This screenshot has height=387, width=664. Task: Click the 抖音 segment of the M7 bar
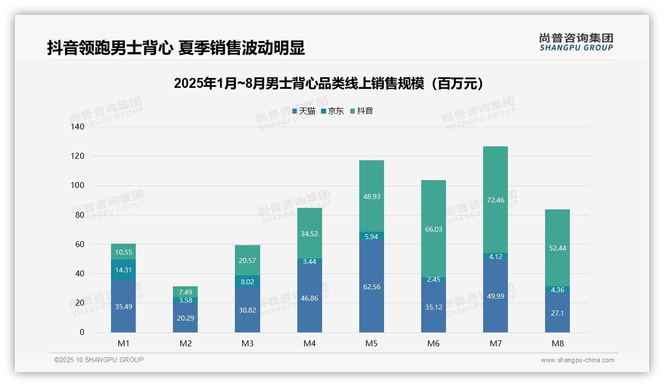coord(495,199)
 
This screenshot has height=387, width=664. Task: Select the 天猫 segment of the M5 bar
coord(371,286)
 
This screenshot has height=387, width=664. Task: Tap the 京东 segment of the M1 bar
coord(123,270)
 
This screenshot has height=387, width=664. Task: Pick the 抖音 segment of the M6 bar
coord(434,229)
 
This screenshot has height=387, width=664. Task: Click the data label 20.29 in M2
coord(185,318)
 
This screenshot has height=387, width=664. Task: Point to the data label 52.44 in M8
coord(557,248)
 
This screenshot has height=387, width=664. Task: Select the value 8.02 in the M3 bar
coord(247,281)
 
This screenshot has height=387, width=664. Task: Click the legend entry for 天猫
coord(304,111)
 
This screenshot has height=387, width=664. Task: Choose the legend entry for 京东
coord(332,111)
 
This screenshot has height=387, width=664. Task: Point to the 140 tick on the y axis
coord(78,127)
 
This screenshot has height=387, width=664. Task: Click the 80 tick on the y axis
coord(80,215)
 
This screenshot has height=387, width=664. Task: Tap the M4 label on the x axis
coord(309,343)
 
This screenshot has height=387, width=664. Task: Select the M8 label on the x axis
coord(557,343)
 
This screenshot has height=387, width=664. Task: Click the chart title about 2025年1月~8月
coord(329,84)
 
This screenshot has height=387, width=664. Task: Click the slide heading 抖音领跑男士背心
coord(176,48)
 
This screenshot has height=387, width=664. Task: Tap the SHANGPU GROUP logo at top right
coord(576,42)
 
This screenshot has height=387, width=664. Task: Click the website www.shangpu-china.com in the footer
coord(577,360)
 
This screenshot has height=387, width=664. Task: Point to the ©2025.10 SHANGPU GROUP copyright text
coord(99,360)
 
